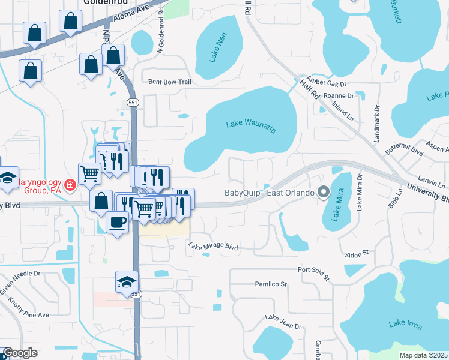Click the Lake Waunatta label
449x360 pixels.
[x=251, y=125]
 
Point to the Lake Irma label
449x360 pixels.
[x=405, y=325]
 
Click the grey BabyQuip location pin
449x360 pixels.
[x=324, y=193]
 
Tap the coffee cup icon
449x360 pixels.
[x=117, y=221]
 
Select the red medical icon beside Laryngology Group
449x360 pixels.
[x=70, y=185]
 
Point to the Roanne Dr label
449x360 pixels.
[x=339, y=95]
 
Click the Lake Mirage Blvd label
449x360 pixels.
[x=213, y=246]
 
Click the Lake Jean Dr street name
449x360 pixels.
[x=283, y=322]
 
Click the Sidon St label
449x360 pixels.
[x=356, y=254]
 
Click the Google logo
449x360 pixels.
[x=20, y=353]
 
